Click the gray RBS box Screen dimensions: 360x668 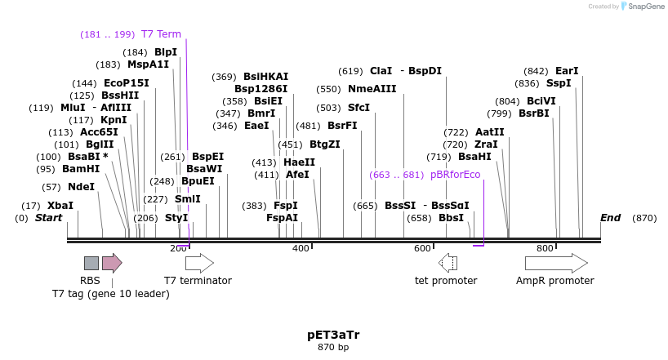(91, 263)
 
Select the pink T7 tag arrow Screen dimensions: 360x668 (112, 263)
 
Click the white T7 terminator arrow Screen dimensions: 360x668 (199, 263)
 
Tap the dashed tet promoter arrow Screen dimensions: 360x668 (448, 263)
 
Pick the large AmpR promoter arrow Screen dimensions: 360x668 (555, 263)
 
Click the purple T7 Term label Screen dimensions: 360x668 (161, 34)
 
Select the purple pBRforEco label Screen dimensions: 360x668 (455, 175)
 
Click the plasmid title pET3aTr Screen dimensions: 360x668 (333, 335)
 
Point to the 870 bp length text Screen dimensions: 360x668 (333, 348)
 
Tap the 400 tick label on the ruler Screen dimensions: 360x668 (301, 248)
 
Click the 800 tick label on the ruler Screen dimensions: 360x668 (545, 248)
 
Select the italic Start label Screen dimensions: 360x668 (48, 218)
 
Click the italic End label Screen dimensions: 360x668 (610, 218)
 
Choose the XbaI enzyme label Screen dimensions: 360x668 (60, 206)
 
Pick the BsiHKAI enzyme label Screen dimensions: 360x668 (265, 77)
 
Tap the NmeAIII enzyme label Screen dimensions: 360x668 (372, 89)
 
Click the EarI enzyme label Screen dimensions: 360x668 (566, 71)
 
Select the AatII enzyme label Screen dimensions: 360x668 (489, 132)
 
